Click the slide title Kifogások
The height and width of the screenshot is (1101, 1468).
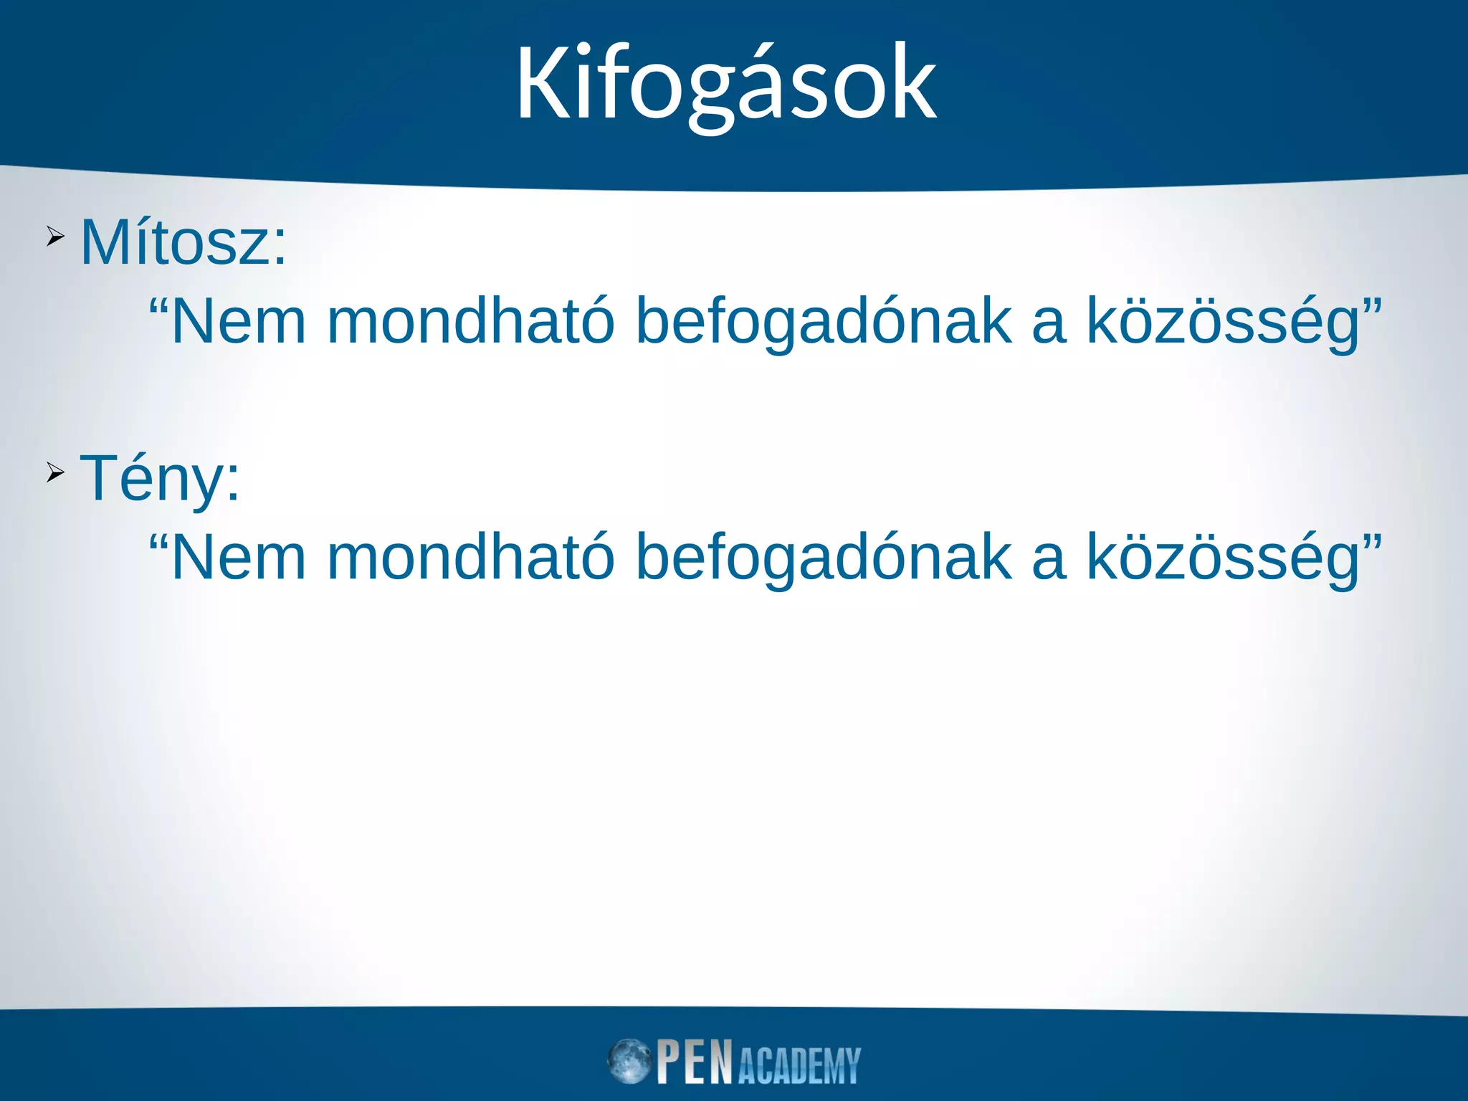click(x=725, y=84)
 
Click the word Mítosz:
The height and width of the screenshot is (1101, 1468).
click(x=183, y=243)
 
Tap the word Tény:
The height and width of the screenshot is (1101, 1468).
click(x=160, y=478)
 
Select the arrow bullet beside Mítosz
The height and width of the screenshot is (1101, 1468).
click(x=55, y=236)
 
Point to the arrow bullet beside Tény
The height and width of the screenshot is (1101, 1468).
click(x=55, y=472)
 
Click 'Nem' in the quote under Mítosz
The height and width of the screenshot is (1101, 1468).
click(x=239, y=322)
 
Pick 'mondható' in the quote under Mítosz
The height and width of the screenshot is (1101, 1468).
click(x=471, y=322)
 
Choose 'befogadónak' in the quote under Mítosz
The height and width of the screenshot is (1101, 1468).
click(x=824, y=322)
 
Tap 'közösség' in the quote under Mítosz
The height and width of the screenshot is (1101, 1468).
click(x=1223, y=322)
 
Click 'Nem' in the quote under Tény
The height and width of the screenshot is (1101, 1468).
click(x=239, y=558)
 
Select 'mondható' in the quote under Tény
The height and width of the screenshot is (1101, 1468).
click(x=471, y=558)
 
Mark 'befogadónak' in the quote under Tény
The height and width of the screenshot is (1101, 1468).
click(x=824, y=558)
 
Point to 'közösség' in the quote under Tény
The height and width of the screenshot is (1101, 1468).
click(x=1223, y=558)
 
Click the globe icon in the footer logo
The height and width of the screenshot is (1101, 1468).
click(x=629, y=1061)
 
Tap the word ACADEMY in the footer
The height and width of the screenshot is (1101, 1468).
click(x=799, y=1066)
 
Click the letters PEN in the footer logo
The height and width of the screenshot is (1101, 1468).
click(x=695, y=1062)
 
